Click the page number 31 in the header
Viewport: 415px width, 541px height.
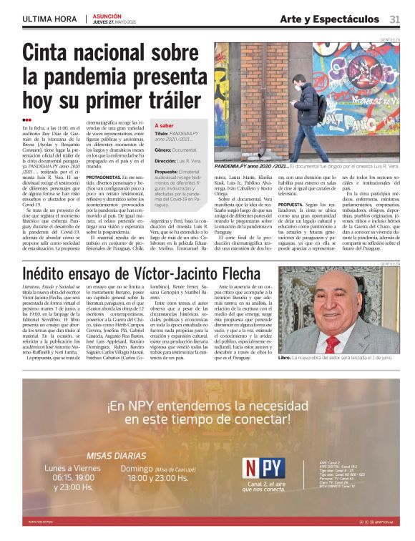pyautogui.click(x=395, y=19)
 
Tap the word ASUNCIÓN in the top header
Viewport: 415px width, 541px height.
pyautogui.click(x=107, y=15)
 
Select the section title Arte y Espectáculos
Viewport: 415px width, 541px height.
pyautogui.click(x=329, y=19)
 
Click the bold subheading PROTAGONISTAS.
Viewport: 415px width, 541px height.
pyautogui.click(x=104, y=177)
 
